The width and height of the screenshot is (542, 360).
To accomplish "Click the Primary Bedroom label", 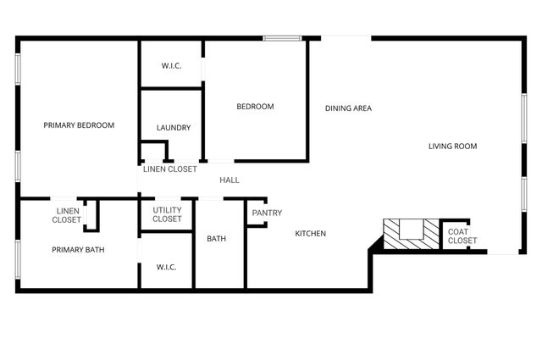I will click(x=79, y=125).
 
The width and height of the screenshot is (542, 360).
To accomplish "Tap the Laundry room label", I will click(x=174, y=128).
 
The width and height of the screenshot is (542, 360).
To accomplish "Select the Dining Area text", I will click(x=349, y=108).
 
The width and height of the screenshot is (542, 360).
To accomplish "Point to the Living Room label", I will click(x=452, y=147).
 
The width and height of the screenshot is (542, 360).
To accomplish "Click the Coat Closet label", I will click(x=462, y=236).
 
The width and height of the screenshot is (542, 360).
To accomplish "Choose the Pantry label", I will click(x=267, y=213).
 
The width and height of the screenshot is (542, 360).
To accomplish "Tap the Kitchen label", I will click(x=310, y=234).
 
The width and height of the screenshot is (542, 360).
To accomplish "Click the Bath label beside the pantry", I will click(x=217, y=239).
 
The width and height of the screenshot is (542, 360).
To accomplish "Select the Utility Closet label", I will click(x=167, y=214).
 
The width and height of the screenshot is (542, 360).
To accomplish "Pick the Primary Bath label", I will click(x=78, y=250).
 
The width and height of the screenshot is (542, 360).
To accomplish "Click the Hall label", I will click(x=230, y=180).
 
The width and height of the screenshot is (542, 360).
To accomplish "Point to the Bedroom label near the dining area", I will click(x=255, y=107).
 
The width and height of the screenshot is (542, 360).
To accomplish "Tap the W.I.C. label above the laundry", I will click(x=172, y=66).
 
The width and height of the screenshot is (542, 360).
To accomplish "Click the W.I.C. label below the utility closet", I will click(x=166, y=268).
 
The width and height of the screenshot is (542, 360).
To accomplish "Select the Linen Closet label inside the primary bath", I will click(x=67, y=215).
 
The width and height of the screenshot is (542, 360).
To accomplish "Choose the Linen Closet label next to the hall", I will click(x=169, y=169).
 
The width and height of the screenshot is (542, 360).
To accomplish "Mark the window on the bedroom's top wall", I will click(x=282, y=37).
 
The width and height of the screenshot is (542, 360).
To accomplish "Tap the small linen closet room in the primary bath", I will click(x=91, y=214).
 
